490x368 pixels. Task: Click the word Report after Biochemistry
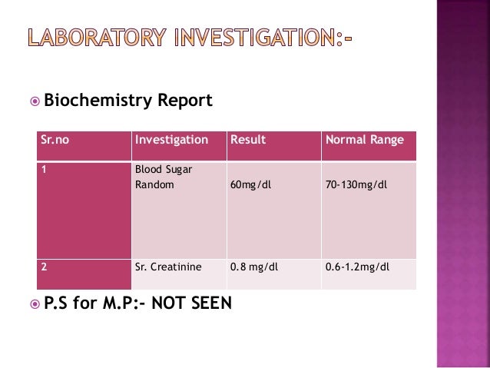coord(185,101)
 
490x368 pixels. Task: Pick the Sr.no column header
coord(55,140)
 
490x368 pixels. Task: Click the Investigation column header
coord(171,140)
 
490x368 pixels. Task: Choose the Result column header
coord(248,140)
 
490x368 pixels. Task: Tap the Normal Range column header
coord(365,140)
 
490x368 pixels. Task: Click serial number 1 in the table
coord(45,170)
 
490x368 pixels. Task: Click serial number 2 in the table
coord(45,267)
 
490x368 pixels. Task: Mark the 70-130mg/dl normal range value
coord(356,185)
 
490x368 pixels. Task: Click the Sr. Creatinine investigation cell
coord(168,267)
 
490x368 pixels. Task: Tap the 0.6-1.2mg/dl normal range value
coord(358,267)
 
